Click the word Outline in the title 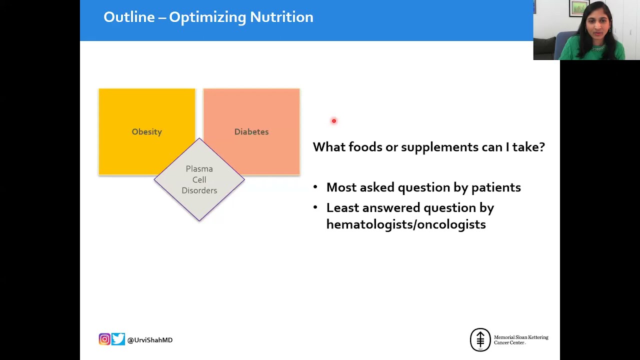tap(129, 17)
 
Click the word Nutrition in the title tap(281, 17)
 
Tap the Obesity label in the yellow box tap(147, 131)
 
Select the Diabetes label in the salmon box tap(251, 131)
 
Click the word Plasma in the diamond tap(199, 169)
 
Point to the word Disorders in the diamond tap(199, 190)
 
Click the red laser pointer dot tap(334, 121)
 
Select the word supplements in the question tap(439, 147)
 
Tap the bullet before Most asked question tap(315, 187)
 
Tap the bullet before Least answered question tap(315, 207)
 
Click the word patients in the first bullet tap(496, 187)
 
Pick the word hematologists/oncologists tap(406, 224)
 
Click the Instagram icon tap(104, 339)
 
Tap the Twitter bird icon tap(118, 339)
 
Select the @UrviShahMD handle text tap(150, 340)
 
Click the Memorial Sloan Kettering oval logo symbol tap(480, 339)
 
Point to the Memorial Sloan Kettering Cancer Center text tap(521, 340)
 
